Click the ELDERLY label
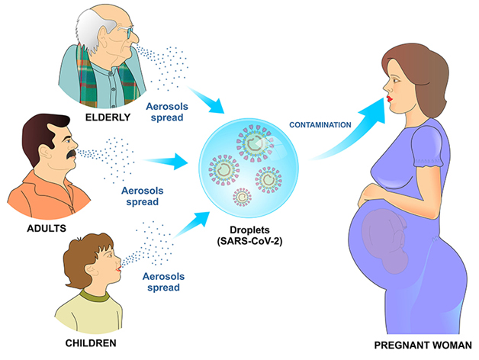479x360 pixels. [x=108, y=117]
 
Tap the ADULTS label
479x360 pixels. [x=47, y=228]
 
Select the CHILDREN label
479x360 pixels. [x=91, y=343]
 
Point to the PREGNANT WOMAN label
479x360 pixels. [x=423, y=345]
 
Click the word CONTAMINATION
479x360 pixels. [x=320, y=125]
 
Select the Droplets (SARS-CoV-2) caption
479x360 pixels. [x=249, y=236]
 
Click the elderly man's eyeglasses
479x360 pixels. [x=126, y=31]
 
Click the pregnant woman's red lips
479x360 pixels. [x=389, y=99]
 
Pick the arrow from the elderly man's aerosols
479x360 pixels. [x=206, y=100]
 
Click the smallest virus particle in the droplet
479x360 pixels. [x=243, y=197]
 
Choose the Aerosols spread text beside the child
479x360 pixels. [x=163, y=281]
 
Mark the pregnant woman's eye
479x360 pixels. [x=394, y=81]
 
